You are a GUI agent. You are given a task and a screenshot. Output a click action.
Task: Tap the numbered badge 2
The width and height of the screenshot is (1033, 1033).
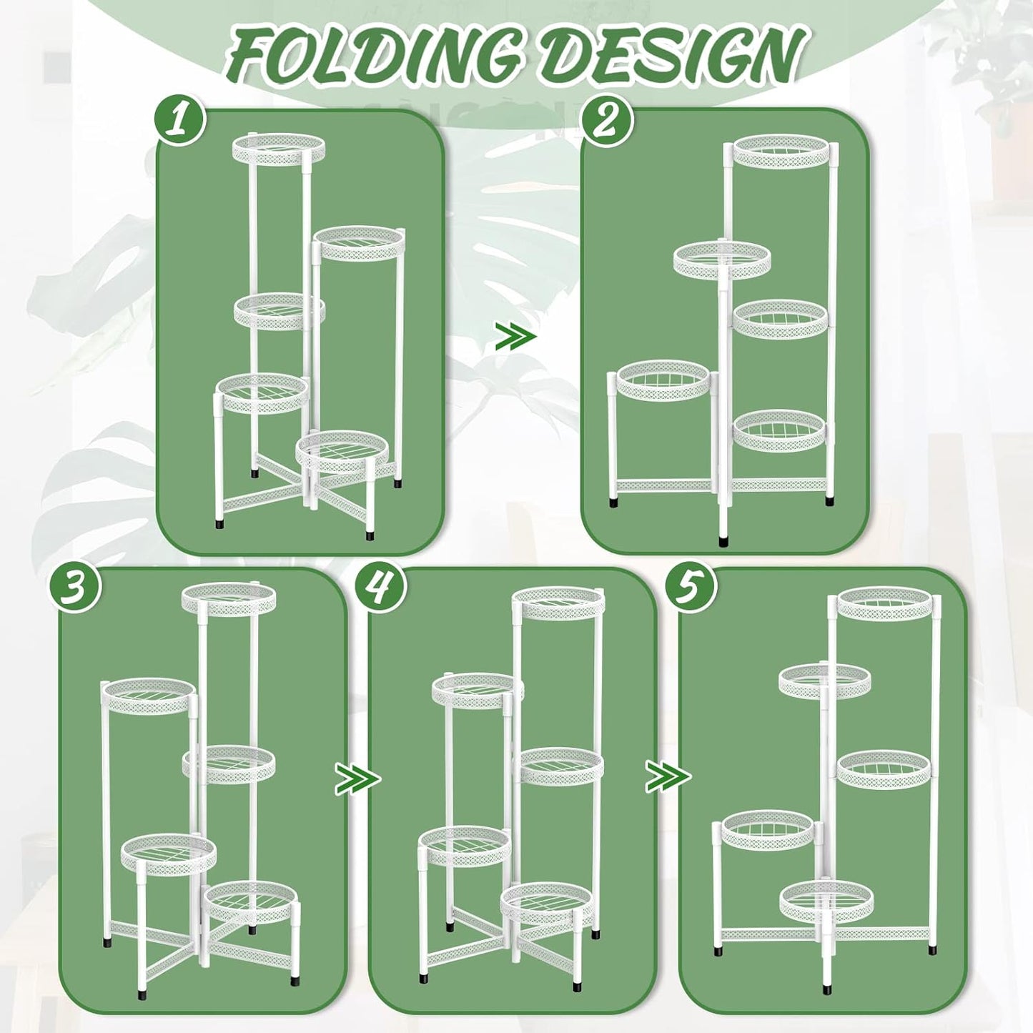point(608,121)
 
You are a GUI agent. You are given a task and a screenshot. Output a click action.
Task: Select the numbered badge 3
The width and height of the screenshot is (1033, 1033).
point(75,592)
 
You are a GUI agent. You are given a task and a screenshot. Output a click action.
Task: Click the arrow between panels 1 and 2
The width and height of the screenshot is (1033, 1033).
point(515,336)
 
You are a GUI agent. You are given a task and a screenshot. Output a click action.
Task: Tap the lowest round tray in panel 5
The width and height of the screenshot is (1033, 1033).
point(826,909)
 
